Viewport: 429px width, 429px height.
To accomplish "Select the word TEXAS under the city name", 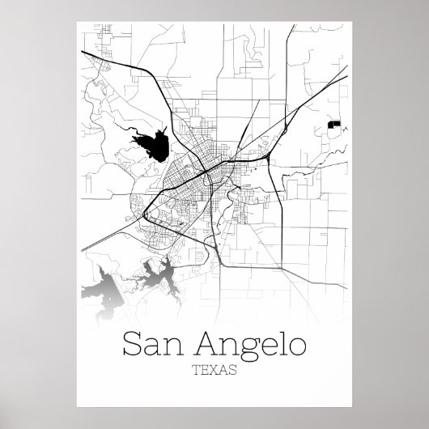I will pyautogui.click(x=214, y=371).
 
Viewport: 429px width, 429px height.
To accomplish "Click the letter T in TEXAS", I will pyautogui.click(x=197, y=371).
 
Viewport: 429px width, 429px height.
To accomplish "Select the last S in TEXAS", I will pyautogui.click(x=232, y=371).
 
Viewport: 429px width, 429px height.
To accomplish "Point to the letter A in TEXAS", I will pyautogui.click(x=223, y=371).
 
